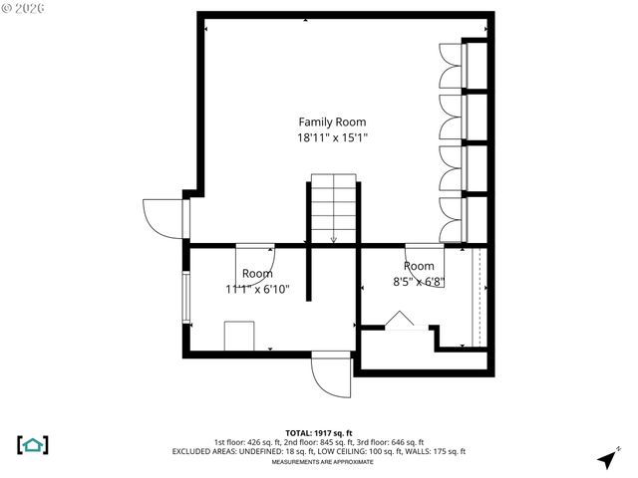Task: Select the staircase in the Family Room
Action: coord(332,209)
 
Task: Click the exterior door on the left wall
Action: coord(162,217)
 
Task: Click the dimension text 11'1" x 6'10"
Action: coord(256,290)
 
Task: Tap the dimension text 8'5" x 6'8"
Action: coord(419,282)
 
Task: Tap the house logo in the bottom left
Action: coord(33,444)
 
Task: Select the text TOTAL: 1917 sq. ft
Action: coord(318,432)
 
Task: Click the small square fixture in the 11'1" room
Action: coord(239,336)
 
